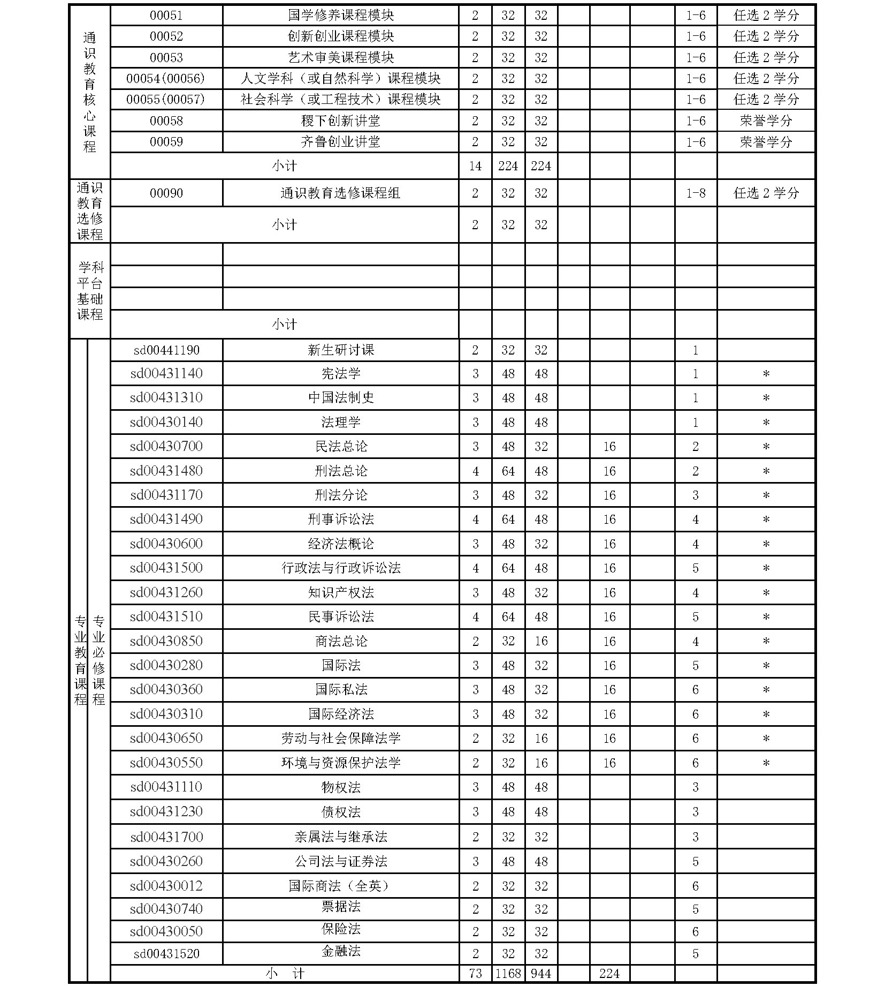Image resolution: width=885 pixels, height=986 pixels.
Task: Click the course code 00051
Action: [166, 16]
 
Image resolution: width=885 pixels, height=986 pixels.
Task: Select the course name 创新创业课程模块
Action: [340, 36]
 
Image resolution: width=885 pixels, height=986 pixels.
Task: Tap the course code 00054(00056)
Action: [166, 79]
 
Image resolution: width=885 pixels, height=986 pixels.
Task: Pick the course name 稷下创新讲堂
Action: [340, 121]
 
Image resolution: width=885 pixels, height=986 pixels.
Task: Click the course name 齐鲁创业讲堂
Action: [340, 142]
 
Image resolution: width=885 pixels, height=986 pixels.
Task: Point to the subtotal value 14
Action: [475, 166]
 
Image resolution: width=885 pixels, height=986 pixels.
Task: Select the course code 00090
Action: [166, 193]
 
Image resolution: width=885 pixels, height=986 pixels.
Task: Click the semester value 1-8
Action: [696, 193]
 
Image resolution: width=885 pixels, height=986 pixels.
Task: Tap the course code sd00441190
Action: [166, 350]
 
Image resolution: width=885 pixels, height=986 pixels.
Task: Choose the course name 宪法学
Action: [341, 374]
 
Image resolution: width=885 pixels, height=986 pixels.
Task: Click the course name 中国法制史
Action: [341, 398]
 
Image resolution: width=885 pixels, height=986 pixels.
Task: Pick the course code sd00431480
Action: [166, 471]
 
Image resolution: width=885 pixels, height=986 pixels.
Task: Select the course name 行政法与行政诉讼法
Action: [341, 568]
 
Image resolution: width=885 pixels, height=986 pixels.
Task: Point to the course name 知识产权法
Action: [341, 592]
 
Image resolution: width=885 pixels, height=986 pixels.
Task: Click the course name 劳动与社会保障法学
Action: [341, 739]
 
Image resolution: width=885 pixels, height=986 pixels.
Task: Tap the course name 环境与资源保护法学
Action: [341, 763]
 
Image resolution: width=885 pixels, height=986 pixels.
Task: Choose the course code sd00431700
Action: [166, 837]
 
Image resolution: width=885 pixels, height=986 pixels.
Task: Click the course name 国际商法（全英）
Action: [341, 886]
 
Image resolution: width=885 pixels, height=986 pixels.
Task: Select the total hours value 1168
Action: [508, 973]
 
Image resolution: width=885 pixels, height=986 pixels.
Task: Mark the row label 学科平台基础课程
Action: [90, 291]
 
